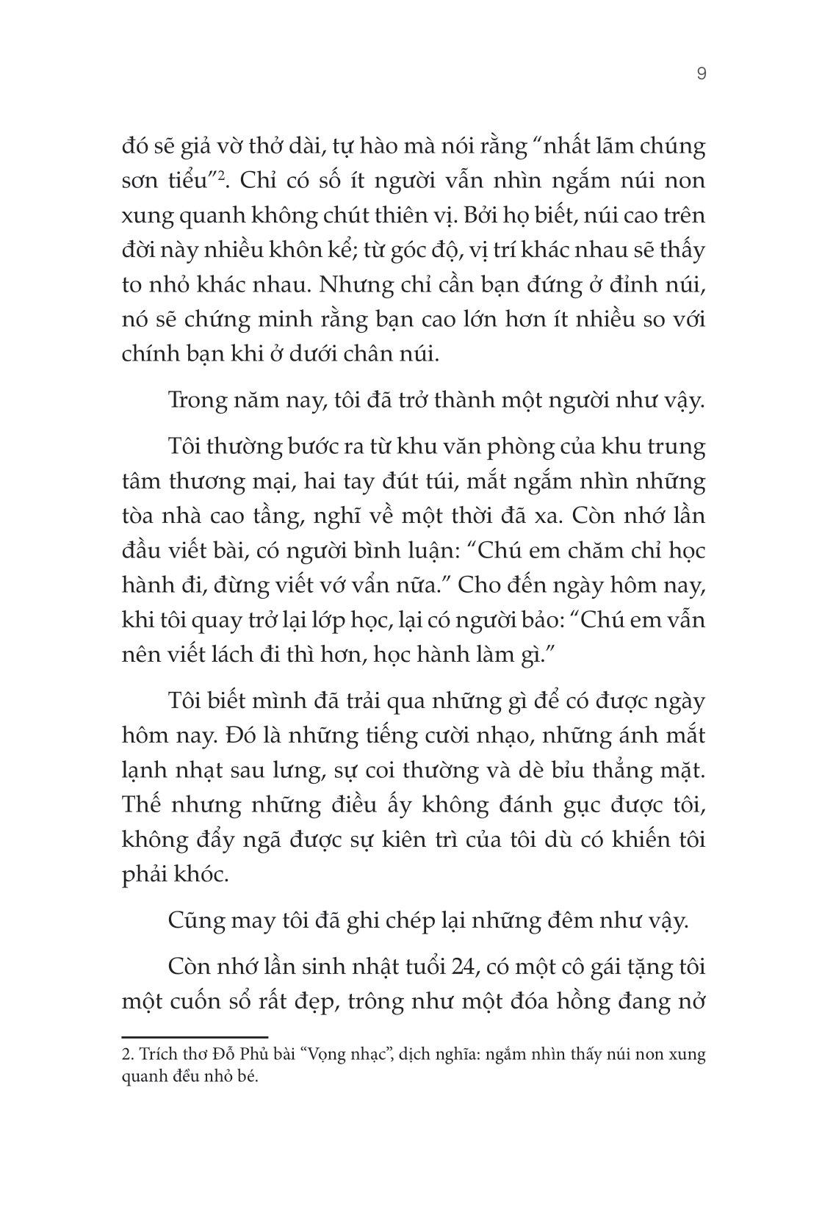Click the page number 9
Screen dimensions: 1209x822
tap(701, 73)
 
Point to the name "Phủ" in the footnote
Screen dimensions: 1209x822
tap(252, 1055)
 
